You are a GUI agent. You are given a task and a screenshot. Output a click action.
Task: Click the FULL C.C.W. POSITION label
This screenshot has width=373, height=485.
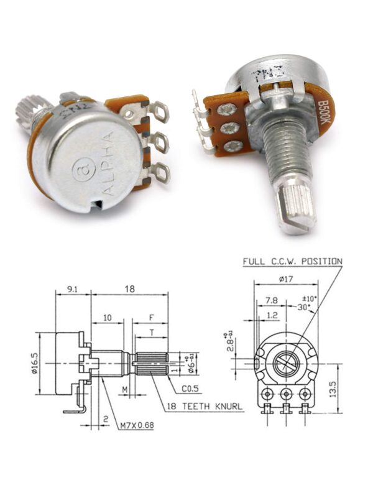point(292,262)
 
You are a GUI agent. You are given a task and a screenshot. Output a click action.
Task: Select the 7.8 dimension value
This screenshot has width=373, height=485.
point(270,300)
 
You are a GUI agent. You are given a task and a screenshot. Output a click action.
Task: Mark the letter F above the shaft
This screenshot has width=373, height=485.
point(151,317)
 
